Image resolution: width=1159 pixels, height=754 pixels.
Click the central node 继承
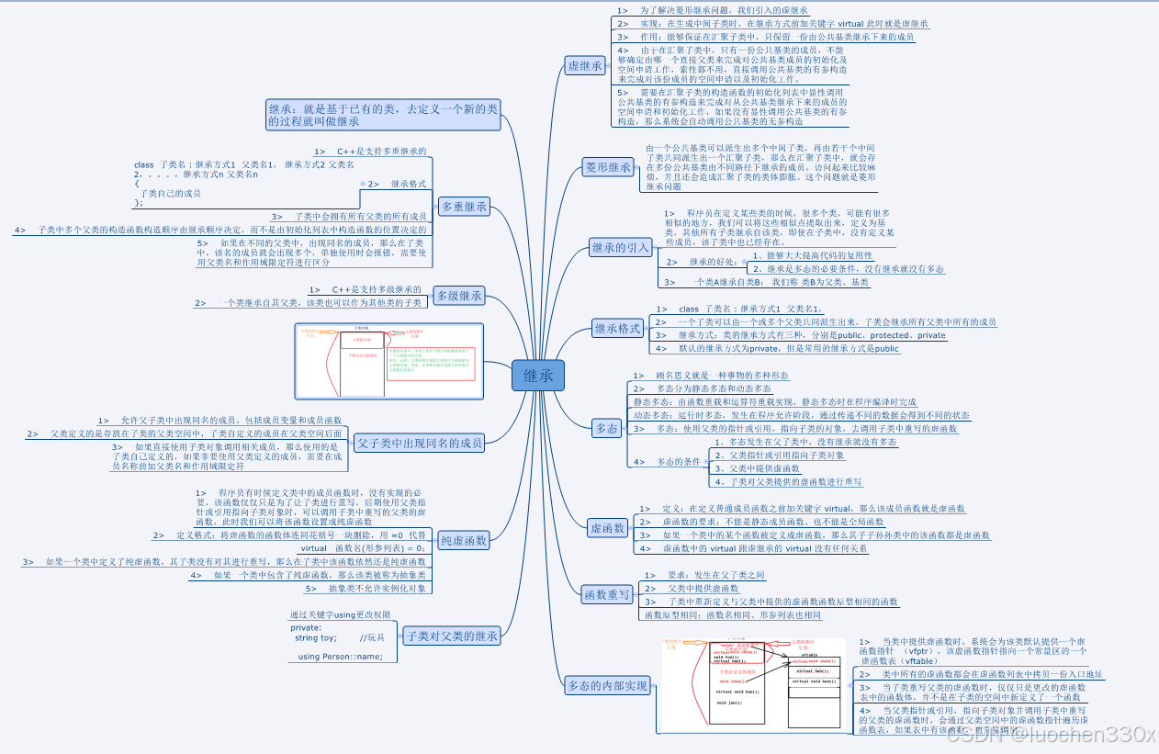tap(538, 375)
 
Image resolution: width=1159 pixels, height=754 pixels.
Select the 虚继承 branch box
tap(585, 65)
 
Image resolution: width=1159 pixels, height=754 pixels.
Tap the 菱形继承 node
tap(609, 167)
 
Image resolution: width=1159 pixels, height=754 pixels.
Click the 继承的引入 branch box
tap(620, 247)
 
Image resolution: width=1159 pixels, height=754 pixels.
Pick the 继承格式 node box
tap(617, 329)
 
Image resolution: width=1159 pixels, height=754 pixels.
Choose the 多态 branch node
tap(606, 429)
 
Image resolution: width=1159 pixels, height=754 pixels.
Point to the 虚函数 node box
tap(607, 528)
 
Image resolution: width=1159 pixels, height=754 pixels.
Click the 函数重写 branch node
tap(608, 595)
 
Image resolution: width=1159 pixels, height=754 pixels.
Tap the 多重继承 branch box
tap(464, 207)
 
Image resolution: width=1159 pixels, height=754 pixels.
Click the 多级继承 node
tap(458, 296)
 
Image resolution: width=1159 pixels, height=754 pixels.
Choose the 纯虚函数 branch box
tap(463, 540)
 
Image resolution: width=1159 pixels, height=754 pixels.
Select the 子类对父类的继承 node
tap(451, 636)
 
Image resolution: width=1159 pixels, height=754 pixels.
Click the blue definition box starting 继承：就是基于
tap(383, 115)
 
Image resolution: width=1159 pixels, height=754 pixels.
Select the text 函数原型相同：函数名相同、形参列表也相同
tap(733, 614)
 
